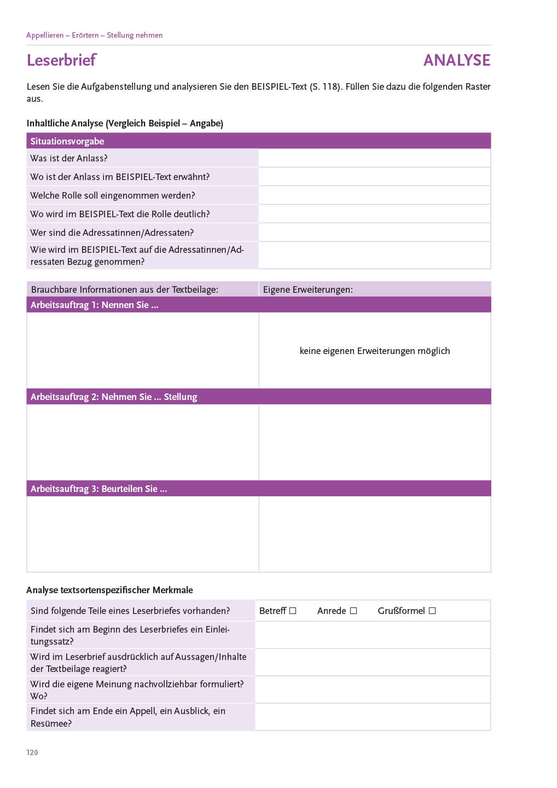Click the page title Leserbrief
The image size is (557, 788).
(61, 60)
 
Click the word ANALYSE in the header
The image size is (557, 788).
(456, 60)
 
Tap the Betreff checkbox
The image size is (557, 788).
(293, 611)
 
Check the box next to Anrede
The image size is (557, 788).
(353, 611)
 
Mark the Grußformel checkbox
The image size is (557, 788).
(432, 611)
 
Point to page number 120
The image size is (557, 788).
(32, 752)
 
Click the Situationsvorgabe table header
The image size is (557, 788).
(67, 141)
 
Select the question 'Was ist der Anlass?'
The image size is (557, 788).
(69, 158)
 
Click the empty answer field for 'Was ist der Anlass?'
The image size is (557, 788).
(374, 158)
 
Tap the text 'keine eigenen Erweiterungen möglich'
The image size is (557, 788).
(375, 351)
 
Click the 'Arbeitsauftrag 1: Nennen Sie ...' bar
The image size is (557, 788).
(95, 305)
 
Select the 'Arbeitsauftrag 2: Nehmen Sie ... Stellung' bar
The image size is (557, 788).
(114, 397)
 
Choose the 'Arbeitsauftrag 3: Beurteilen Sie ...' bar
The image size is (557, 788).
(99, 489)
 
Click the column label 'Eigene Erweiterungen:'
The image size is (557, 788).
(308, 289)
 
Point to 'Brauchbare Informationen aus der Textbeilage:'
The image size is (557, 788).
(125, 289)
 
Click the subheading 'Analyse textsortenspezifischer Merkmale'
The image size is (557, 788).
(109, 590)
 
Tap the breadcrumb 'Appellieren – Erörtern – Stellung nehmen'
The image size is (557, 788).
(94, 35)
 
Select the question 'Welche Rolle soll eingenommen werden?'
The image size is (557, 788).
(113, 195)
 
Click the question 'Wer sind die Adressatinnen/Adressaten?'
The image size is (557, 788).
(112, 233)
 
